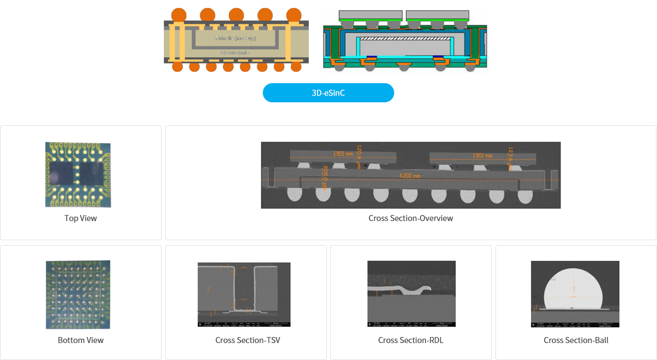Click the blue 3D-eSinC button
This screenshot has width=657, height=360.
(328, 93)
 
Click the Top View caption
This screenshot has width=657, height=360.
(80, 218)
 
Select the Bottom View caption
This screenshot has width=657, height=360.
(80, 340)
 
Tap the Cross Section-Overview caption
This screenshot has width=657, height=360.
(411, 218)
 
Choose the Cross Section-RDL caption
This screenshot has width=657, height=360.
(411, 340)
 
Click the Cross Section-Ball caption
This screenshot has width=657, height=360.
(576, 340)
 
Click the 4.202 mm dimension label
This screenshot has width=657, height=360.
(410, 176)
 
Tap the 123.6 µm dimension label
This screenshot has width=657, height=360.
(510, 155)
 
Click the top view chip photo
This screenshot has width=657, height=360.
(78, 175)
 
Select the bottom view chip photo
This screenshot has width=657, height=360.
(78, 294)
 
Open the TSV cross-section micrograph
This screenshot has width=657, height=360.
(244, 294)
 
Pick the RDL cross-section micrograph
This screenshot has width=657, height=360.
(411, 294)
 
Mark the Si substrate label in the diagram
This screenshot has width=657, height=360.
(235, 53)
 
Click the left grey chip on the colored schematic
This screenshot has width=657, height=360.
(371, 14)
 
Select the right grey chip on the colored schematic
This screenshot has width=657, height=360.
(437, 14)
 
